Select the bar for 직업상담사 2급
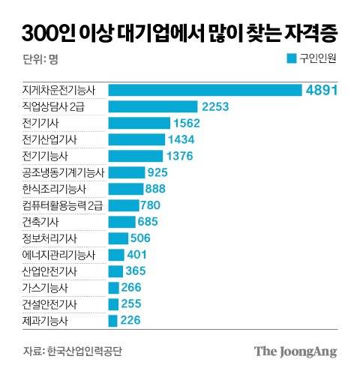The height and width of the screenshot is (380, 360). pyautogui.click(x=153, y=106)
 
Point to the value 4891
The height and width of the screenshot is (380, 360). pyautogui.click(x=324, y=90)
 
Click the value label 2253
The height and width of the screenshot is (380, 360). pyautogui.click(x=219, y=106)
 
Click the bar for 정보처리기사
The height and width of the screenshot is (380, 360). pyautogui.click(x=118, y=239)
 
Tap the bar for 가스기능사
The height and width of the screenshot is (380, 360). pyautogui.click(x=113, y=288)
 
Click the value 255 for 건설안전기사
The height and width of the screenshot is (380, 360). pyautogui.click(x=137, y=304)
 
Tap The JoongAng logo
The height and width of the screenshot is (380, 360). pyautogui.click(x=295, y=352)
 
